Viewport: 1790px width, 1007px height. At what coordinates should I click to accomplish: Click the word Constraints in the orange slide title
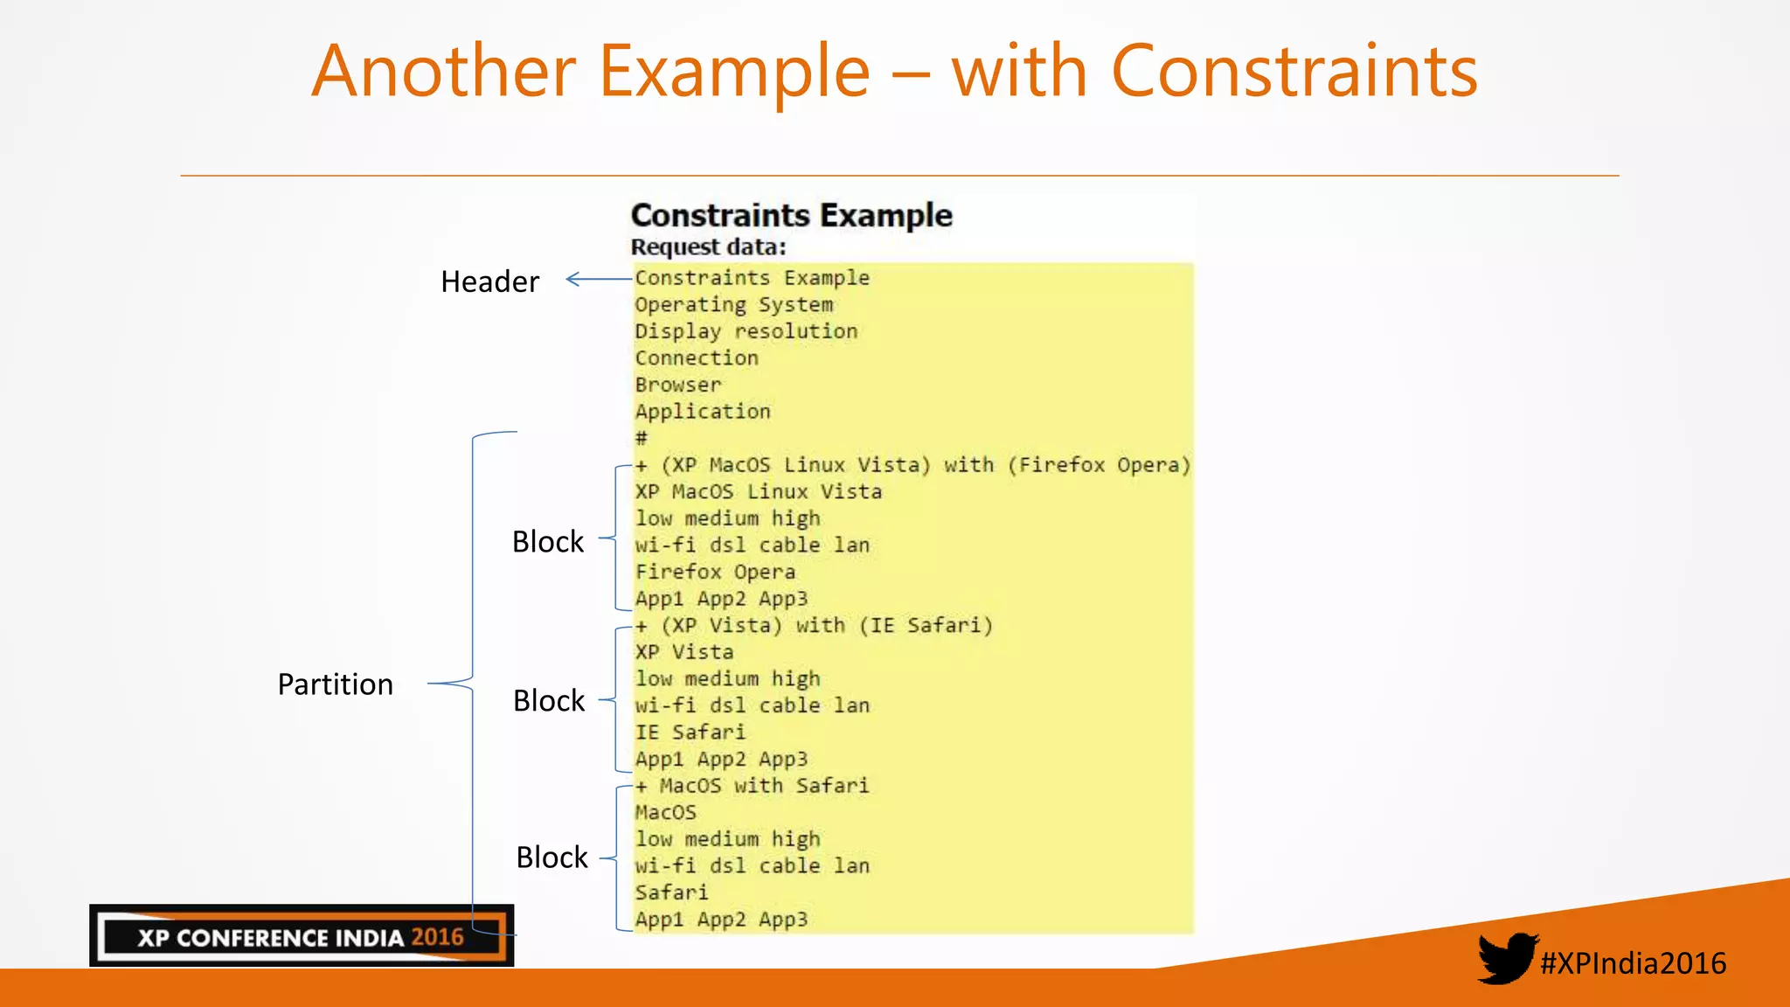click(1294, 72)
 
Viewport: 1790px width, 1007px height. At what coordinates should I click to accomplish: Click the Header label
click(489, 281)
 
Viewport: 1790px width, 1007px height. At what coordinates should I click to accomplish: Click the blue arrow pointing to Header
click(599, 280)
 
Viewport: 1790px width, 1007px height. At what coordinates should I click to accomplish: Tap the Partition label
click(335, 684)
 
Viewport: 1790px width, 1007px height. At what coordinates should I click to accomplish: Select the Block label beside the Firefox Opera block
click(547, 542)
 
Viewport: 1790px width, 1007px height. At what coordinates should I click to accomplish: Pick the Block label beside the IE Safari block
click(548, 701)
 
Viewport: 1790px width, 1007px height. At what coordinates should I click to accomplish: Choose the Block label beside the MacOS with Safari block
click(552, 858)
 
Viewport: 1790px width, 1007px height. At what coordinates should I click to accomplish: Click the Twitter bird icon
click(1507, 958)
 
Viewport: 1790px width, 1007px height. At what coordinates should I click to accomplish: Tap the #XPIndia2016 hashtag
click(1633, 963)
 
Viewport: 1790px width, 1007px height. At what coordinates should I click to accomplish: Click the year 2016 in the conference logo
click(437, 937)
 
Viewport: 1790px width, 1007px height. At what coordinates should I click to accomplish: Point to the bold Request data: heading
click(708, 247)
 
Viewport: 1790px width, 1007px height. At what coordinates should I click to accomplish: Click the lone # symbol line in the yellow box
click(642, 438)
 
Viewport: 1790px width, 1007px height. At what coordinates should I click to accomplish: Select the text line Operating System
click(733, 305)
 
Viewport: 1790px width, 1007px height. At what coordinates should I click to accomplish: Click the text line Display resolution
click(746, 331)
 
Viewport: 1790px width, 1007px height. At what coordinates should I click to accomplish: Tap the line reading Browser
click(677, 385)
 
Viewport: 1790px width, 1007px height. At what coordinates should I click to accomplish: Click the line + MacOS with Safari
click(752, 786)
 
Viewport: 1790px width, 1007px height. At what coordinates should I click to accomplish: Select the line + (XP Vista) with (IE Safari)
click(814, 626)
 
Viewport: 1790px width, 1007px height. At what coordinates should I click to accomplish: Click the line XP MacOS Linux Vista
click(758, 492)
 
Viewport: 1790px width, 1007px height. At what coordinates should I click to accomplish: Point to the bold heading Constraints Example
click(791, 215)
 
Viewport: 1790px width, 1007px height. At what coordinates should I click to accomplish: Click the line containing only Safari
click(671, 892)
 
